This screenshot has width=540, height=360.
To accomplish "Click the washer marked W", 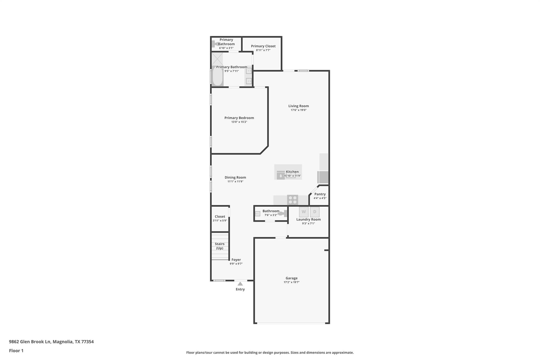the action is coord(304,212).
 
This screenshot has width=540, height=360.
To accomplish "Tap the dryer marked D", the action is coord(315,212).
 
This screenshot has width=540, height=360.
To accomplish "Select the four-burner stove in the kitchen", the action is coord(293,200).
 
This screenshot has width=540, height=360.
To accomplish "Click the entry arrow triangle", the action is coord(240,284).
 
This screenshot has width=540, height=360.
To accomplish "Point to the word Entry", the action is coord(240,289).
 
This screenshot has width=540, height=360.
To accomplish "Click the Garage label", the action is coord(292,278).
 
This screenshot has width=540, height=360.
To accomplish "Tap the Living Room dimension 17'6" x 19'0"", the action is coord(298,110).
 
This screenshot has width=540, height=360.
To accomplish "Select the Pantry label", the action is coord(320,194).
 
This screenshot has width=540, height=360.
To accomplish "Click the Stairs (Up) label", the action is coord(220,246).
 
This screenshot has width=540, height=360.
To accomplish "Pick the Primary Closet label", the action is coord(263,46).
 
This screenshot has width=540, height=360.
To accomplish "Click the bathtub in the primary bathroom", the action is coord(218,76).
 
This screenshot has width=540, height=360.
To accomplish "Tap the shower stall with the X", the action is coord(217,59).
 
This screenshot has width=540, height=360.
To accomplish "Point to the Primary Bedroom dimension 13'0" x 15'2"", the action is coord(239,122).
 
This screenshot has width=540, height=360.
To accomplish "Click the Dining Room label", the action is coord(235,177).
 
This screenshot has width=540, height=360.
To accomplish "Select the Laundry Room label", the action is coord(308,219).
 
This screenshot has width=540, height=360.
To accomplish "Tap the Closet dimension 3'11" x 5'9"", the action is coord(220,220).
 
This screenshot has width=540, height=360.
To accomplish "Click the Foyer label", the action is coord(236,260).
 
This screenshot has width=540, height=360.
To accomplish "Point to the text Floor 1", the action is coord(16,351).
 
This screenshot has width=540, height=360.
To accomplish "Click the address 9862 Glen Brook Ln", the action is coord(30,342).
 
